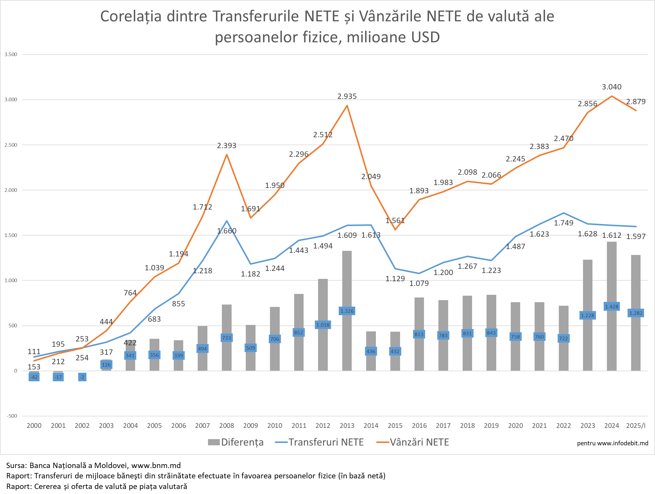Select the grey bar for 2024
pyautogui.click(x=611, y=275)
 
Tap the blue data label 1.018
pyautogui.click(x=323, y=325)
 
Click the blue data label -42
pyautogui.click(x=34, y=377)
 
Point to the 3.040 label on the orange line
pyautogui.click(x=611, y=87)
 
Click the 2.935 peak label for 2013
pyautogui.click(x=347, y=96)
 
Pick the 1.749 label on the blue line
pyautogui.click(x=564, y=223)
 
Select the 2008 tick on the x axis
pyautogui.click(x=227, y=426)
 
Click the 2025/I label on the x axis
pyautogui.click(x=636, y=426)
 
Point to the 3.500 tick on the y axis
pyautogui.click(x=11, y=54)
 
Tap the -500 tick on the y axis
pyautogui.click(x=12, y=416)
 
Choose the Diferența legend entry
pyautogui.click(x=236, y=442)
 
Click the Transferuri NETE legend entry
pyautogui.click(x=320, y=442)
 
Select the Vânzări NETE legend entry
pyautogui.click(x=413, y=442)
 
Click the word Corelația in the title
pyautogui.click(x=131, y=16)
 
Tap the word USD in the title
pyautogui.click(x=425, y=37)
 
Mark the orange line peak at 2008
pyautogui.click(x=227, y=155)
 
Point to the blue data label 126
pyautogui.click(x=106, y=364)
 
